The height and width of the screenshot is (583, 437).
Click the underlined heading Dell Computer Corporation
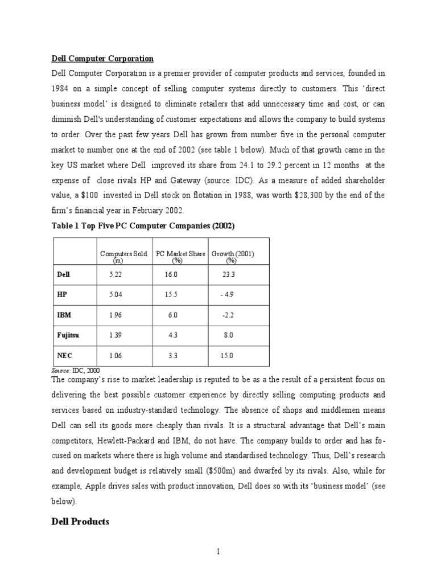(x=102, y=58)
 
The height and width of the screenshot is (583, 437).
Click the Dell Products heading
(x=80, y=522)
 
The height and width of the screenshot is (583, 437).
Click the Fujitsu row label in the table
(x=68, y=335)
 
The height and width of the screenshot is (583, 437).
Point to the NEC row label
(x=64, y=356)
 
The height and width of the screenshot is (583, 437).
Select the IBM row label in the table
(x=64, y=315)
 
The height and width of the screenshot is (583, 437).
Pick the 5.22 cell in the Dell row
(x=116, y=274)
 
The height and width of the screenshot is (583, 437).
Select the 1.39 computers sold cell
(x=116, y=335)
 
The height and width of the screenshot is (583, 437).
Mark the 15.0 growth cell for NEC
(x=227, y=356)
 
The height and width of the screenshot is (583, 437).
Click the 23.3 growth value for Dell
(x=229, y=274)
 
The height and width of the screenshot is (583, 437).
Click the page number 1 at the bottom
(x=218, y=552)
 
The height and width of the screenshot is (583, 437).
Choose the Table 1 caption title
(x=143, y=226)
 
